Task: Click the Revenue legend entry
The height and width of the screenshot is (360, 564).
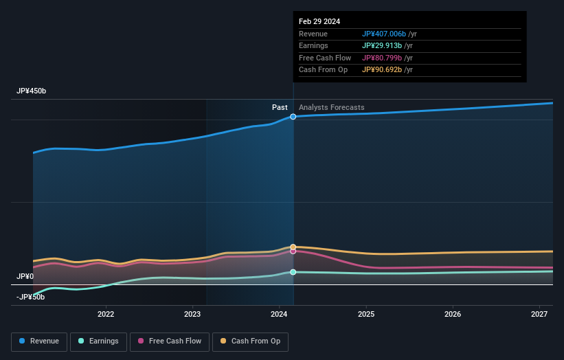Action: coord(39,341)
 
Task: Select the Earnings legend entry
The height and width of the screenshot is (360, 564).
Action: coord(98,341)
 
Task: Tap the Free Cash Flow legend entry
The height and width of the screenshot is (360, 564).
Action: coord(170,341)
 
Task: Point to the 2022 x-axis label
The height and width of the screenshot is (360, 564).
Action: coord(106,315)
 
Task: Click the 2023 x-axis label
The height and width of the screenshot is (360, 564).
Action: coord(192,315)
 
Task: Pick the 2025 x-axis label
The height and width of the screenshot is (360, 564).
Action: coord(366,315)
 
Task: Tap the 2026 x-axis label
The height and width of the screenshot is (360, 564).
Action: coord(453,315)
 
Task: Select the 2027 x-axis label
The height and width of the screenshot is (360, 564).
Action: coord(540,315)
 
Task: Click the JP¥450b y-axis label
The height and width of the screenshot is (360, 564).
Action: coord(32,91)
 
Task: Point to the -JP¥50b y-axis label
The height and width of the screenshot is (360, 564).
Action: coord(30,297)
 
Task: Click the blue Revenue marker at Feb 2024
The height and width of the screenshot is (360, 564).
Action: coord(293,117)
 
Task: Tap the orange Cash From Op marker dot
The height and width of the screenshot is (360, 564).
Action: coord(293,247)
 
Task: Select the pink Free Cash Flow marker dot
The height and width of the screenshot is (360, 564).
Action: coord(293,251)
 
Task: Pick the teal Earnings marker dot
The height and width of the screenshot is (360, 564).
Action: coord(293,272)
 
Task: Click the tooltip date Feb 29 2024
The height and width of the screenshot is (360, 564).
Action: coord(319,22)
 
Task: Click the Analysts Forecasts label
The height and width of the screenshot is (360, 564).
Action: coord(331,107)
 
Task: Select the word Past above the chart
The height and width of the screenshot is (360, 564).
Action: coord(280,107)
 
